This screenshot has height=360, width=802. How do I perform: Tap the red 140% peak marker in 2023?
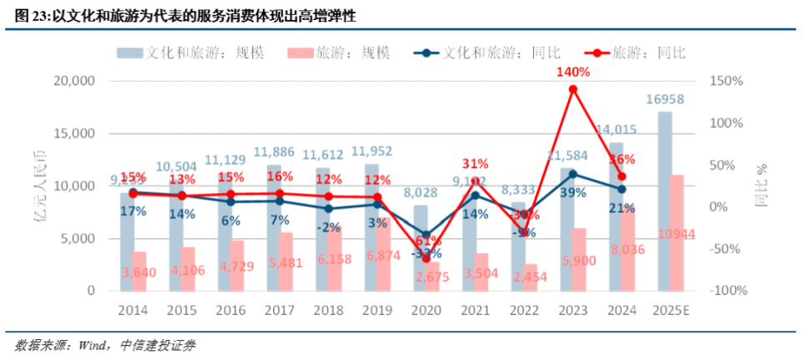573,89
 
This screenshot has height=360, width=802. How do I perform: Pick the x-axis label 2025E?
671,310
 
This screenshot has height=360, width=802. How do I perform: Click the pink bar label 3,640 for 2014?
140,272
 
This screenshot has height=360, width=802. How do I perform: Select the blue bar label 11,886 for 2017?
276,152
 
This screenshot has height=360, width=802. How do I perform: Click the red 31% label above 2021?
475,164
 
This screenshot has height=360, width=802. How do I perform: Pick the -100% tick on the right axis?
723,291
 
